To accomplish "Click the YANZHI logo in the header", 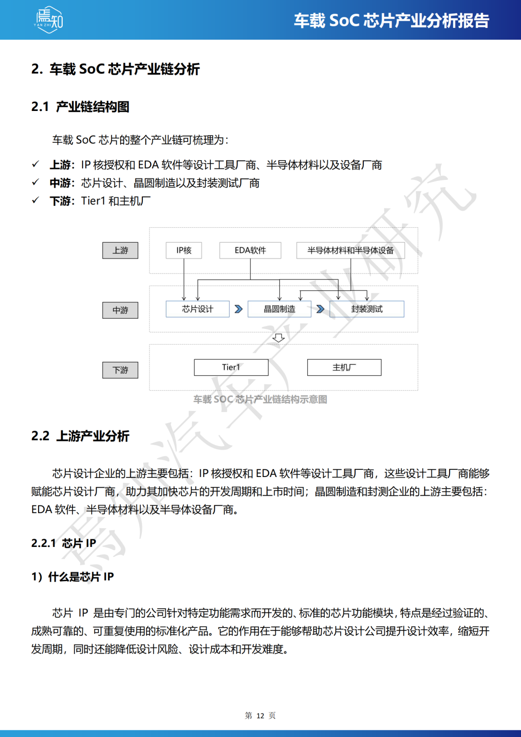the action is [x=49, y=20].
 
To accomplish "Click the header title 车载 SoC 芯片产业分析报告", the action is [x=391, y=21].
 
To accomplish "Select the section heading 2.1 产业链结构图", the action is [x=80, y=107].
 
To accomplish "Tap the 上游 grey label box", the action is [x=120, y=250].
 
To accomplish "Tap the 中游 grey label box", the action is [x=120, y=310].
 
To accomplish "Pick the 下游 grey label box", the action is [x=120, y=370].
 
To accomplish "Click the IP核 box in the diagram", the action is [x=184, y=250].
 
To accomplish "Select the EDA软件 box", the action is [x=250, y=250].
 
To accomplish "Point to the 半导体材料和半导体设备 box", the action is [x=350, y=250].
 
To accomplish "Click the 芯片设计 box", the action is [x=197, y=309].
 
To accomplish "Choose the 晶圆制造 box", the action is [x=279, y=309].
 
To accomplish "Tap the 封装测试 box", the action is [x=367, y=309].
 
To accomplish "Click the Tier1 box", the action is [x=231, y=367].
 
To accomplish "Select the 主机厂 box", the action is [x=344, y=367].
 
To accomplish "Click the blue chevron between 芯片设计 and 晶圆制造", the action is [x=238, y=309].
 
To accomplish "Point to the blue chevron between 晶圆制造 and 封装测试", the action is [x=320, y=309].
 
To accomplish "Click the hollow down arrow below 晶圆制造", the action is [x=278, y=338].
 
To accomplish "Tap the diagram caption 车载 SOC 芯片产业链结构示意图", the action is [x=260, y=399].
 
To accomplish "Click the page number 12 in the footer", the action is [x=260, y=716].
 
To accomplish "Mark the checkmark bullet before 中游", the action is [x=35, y=182].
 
